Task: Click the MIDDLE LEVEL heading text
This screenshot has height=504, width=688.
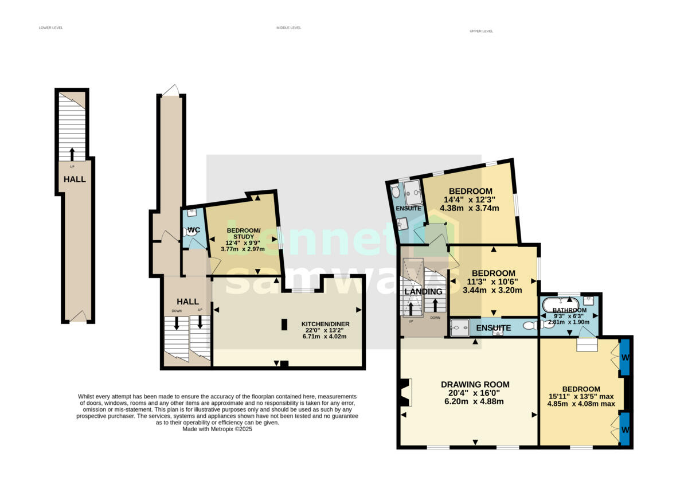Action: (x=288, y=28)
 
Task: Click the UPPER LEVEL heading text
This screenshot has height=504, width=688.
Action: (x=481, y=31)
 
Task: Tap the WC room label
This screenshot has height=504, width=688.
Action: (x=194, y=230)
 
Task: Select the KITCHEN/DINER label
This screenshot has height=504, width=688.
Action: (x=325, y=324)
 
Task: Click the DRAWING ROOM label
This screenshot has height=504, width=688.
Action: (x=475, y=384)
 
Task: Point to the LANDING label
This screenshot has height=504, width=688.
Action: (x=423, y=292)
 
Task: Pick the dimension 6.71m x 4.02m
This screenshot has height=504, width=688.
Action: (x=325, y=336)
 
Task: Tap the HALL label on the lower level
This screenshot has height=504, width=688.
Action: (x=75, y=179)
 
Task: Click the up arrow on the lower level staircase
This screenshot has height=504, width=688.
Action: (x=72, y=154)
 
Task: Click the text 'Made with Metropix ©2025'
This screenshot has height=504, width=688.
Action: (x=217, y=428)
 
